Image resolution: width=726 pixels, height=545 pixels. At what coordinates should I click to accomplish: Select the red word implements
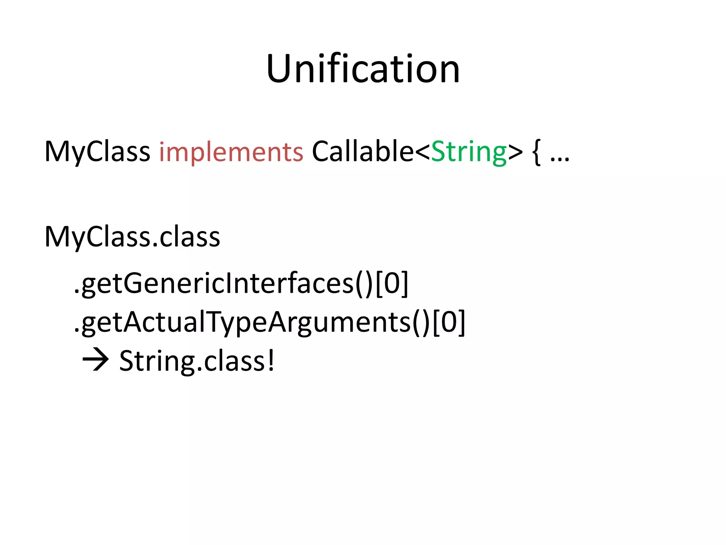point(231,152)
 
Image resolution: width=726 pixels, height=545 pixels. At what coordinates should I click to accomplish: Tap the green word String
point(469,152)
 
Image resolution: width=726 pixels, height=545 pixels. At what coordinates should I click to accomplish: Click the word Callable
point(363,152)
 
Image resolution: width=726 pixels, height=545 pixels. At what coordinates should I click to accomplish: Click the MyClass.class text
point(132,237)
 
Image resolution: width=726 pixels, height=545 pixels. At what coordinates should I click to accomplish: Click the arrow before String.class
point(95,360)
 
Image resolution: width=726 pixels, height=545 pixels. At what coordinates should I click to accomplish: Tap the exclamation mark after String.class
point(271,360)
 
